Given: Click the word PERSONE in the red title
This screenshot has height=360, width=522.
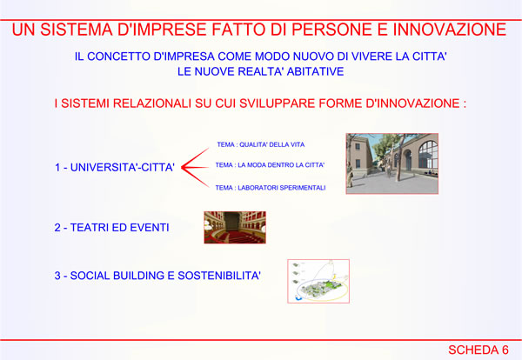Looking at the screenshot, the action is (331, 30).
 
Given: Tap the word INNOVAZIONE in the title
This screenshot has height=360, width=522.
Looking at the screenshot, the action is (450, 30).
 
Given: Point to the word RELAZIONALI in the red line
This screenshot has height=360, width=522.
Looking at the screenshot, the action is (152, 103).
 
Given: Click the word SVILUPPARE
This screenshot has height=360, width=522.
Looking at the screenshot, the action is (278, 103).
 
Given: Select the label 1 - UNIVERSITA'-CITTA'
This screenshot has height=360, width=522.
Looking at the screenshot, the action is (115, 167).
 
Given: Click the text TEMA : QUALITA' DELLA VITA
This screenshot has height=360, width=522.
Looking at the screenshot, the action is (261, 144).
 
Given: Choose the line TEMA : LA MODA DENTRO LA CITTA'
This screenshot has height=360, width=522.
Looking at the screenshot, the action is (270, 165).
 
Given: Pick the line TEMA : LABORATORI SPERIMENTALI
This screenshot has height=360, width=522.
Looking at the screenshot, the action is (271, 188).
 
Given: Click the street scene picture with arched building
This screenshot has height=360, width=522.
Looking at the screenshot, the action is (392, 163).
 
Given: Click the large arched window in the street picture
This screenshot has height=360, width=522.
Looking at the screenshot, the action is (428, 154).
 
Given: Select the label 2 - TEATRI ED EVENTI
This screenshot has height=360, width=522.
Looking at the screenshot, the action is (112, 228).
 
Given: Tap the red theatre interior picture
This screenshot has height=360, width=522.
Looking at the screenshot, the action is (235, 227).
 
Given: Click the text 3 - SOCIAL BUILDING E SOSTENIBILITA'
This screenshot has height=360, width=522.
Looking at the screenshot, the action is (157, 276).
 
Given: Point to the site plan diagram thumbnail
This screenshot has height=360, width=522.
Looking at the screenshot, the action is (318, 281).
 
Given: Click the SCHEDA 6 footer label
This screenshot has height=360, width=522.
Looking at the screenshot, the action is (478, 350).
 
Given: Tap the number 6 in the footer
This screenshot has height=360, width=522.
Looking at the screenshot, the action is (505, 350).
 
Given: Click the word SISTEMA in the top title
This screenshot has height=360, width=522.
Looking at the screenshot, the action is (76, 30).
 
